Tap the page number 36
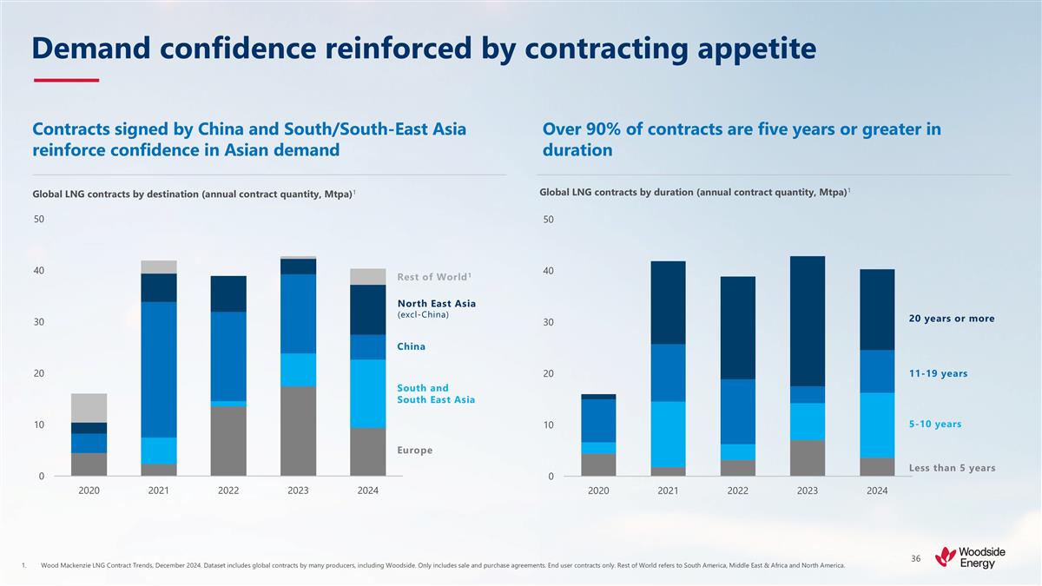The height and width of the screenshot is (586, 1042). click(916, 558)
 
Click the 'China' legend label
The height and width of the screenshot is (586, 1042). click(411, 346)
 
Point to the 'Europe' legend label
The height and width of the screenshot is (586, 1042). click(414, 450)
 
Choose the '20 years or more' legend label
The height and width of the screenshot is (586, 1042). click(952, 319)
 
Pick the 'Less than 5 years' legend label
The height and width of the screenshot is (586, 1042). click(952, 468)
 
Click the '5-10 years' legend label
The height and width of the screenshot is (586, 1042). click(934, 424)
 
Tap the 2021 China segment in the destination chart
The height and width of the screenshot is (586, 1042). click(159, 369)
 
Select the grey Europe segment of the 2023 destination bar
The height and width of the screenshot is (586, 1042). click(298, 431)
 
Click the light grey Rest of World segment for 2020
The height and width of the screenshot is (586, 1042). click(89, 408)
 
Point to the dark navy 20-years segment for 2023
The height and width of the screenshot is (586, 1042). click(808, 320)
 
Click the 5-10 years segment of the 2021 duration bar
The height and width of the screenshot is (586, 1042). click(668, 434)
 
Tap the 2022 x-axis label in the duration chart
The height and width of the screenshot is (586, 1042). click(738, 491)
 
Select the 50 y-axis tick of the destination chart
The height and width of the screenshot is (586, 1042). click(39, 220)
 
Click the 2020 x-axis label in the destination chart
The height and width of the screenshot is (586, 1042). click(89, 491)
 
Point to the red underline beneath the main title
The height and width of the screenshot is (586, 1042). click(66, 81)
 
